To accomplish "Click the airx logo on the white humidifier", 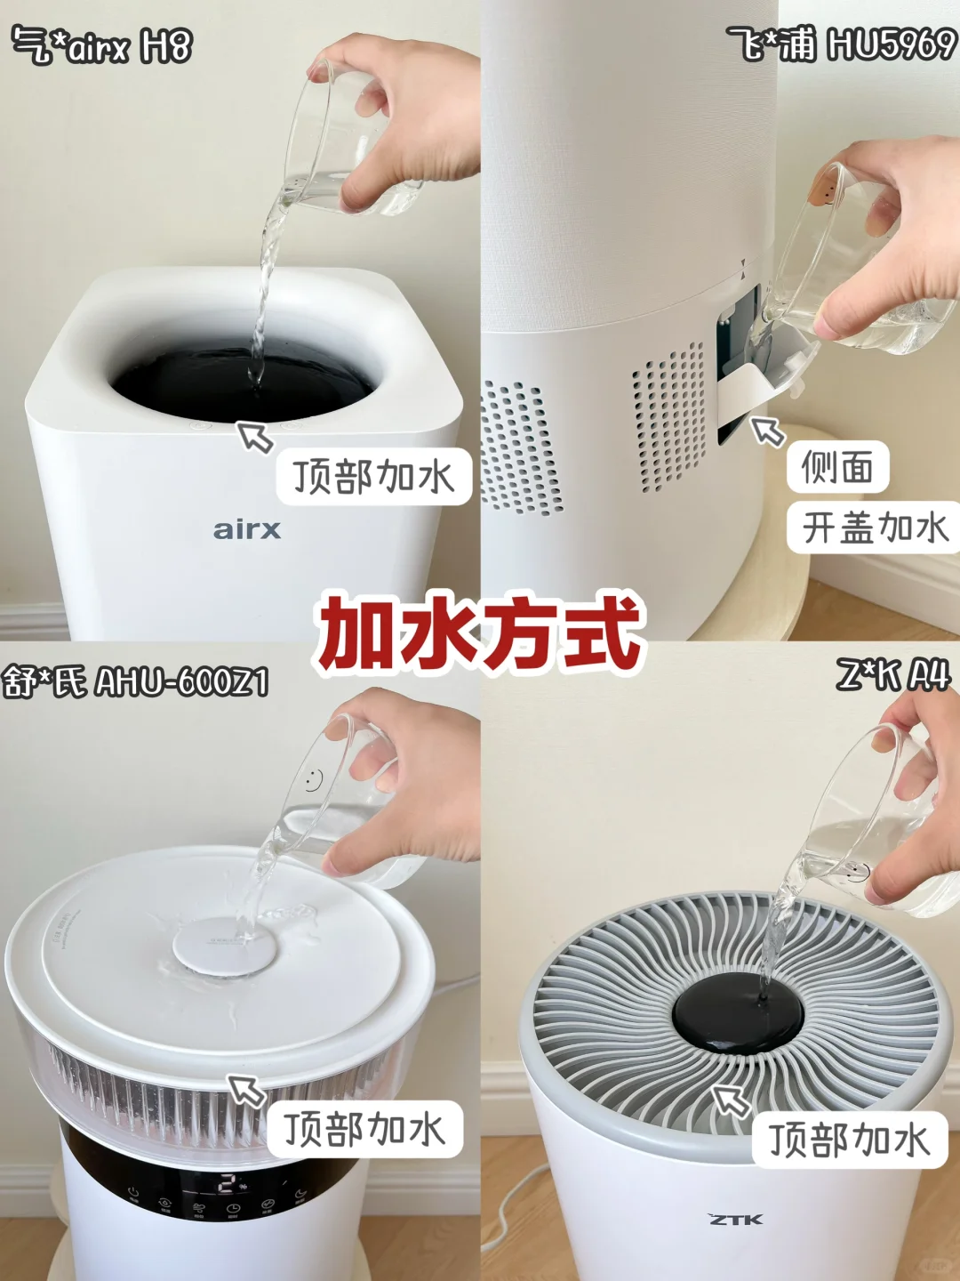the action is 246,530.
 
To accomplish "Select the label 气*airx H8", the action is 102,45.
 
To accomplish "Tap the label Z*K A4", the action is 892,676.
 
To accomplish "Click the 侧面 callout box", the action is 837,467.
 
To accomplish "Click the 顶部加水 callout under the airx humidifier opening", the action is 373,477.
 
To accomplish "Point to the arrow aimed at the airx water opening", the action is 255,437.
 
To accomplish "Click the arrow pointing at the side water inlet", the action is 768,431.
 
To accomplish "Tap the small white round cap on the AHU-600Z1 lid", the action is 224,948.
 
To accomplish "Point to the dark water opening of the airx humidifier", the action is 242,383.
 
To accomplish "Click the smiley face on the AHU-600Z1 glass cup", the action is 313,779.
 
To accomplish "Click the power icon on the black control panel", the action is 133,1192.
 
